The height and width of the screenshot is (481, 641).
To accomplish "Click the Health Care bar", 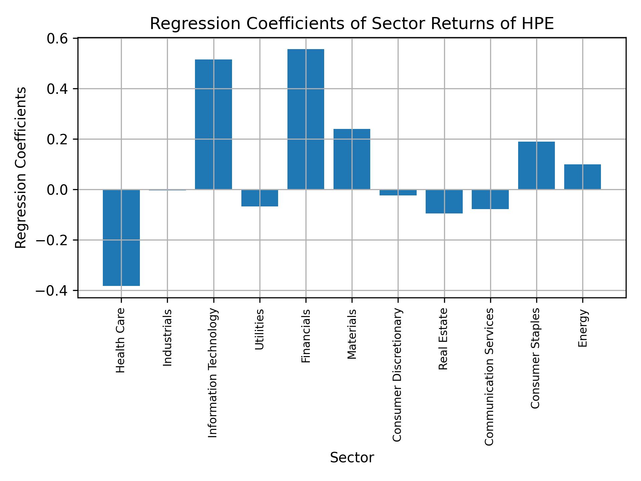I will click(121, 237).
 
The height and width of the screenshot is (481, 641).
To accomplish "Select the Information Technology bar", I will click(213, 124).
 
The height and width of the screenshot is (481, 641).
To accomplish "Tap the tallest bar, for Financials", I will click(305, 119).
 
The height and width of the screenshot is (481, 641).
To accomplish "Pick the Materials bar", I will click(352, 159).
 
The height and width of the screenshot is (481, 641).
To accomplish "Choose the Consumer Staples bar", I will click(536, 165).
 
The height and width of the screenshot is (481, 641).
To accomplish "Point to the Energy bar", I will click(582, 177).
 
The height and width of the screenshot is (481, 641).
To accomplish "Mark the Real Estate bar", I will click(444, 201).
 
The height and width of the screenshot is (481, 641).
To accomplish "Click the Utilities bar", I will click(259, 198).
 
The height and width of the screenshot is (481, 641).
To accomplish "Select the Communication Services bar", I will click(490, 199).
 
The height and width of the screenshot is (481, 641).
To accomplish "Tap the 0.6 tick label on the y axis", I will click(57, 39).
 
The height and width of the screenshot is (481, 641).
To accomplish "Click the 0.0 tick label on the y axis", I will click(57, 190).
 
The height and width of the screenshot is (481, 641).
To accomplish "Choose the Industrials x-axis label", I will click(168, 337).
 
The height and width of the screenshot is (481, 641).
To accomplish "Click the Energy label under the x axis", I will click(583, 328).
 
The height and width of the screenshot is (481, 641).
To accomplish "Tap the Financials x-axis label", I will click(306, 336).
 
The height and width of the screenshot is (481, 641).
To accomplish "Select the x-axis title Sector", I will click(352, 458).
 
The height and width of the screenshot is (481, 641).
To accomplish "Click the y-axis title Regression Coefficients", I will click(21, 168).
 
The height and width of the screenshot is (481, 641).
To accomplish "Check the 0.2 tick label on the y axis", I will click(57, 139).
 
